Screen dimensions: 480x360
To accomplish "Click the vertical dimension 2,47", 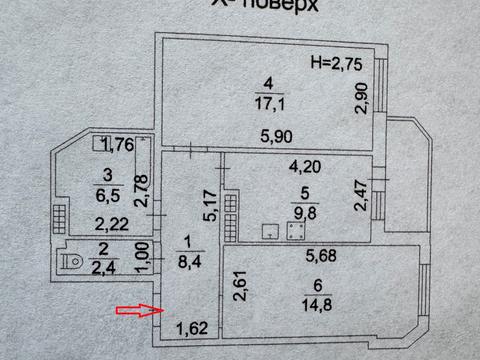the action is click(361, 193).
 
